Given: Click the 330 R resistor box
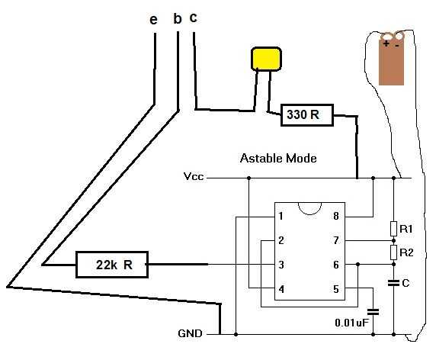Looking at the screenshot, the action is (307, 115).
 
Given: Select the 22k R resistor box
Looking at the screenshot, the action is (112, 265).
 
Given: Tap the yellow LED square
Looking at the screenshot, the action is (266, 59).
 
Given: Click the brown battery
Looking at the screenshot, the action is (391, 59).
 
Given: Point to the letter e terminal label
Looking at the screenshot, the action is (153, 20).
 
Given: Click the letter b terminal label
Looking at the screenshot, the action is (178, 18).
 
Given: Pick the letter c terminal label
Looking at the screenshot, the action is (194, 18).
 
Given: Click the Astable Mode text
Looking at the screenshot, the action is (278, 159).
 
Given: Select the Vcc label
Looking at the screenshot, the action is (194, 176).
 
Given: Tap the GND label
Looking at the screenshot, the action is (191, 333).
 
